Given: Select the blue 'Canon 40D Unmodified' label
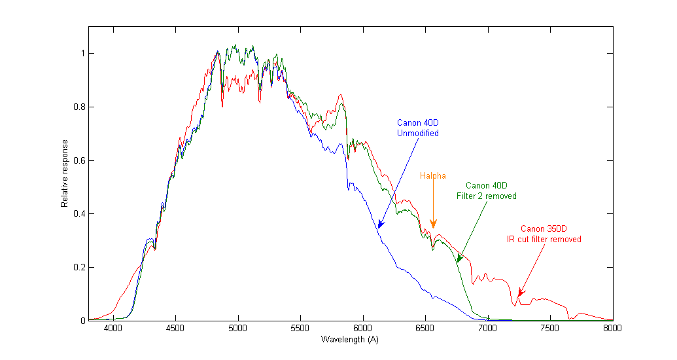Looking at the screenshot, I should pyautogui.click(x=417, y=128).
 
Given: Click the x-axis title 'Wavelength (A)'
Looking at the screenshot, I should pyautogui.click(x=350, y=340).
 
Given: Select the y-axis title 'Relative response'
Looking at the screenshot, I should pyautogui.click(x=65, y=173).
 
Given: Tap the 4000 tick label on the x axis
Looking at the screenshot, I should pyautogui.click(x=113, y=329).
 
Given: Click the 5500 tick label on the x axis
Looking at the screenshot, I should pyautogui.click(x=300, y=329).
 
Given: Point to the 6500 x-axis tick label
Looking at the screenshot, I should pyautogui.click(x=425, y=329).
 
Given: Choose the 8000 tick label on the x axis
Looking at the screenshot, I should pyautogui.click(x=612, y=329).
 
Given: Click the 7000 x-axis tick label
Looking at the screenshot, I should pyautogui.click(x=487, y=329).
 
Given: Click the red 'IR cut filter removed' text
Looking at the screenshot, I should pyautogui.click(x=544, y=240).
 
